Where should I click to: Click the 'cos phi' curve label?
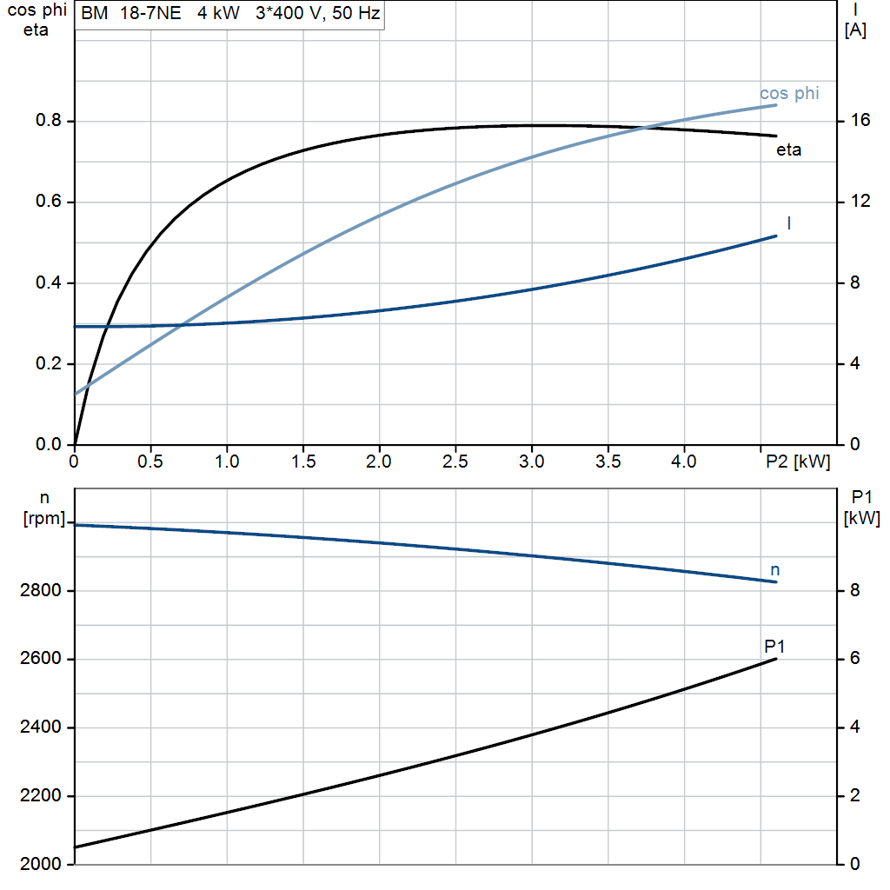[789, 93]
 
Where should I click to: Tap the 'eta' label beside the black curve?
[788, 149]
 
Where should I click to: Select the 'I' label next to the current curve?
[789, 223]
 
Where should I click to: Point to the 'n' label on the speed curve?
[774, 570]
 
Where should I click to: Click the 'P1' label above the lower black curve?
[774, 646]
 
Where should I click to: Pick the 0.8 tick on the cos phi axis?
[49, 120]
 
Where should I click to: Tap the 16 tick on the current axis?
[860, 120]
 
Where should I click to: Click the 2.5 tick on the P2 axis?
[455, 462]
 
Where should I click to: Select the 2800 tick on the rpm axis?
[40, 591]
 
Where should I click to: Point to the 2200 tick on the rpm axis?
[40, 796]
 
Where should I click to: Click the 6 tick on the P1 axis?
[855, 659]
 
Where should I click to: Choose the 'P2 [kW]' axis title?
[798, 462]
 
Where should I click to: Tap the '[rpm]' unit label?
[44, 518]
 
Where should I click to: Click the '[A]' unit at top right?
[855, 30]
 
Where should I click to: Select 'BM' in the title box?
[94, 13]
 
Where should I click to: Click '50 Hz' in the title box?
[355, 13]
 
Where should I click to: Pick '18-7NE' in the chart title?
[150, 13]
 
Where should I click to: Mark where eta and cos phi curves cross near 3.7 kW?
[646, 128]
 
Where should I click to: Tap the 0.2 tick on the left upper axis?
[49, 364]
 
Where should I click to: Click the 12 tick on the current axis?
[860, 202]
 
